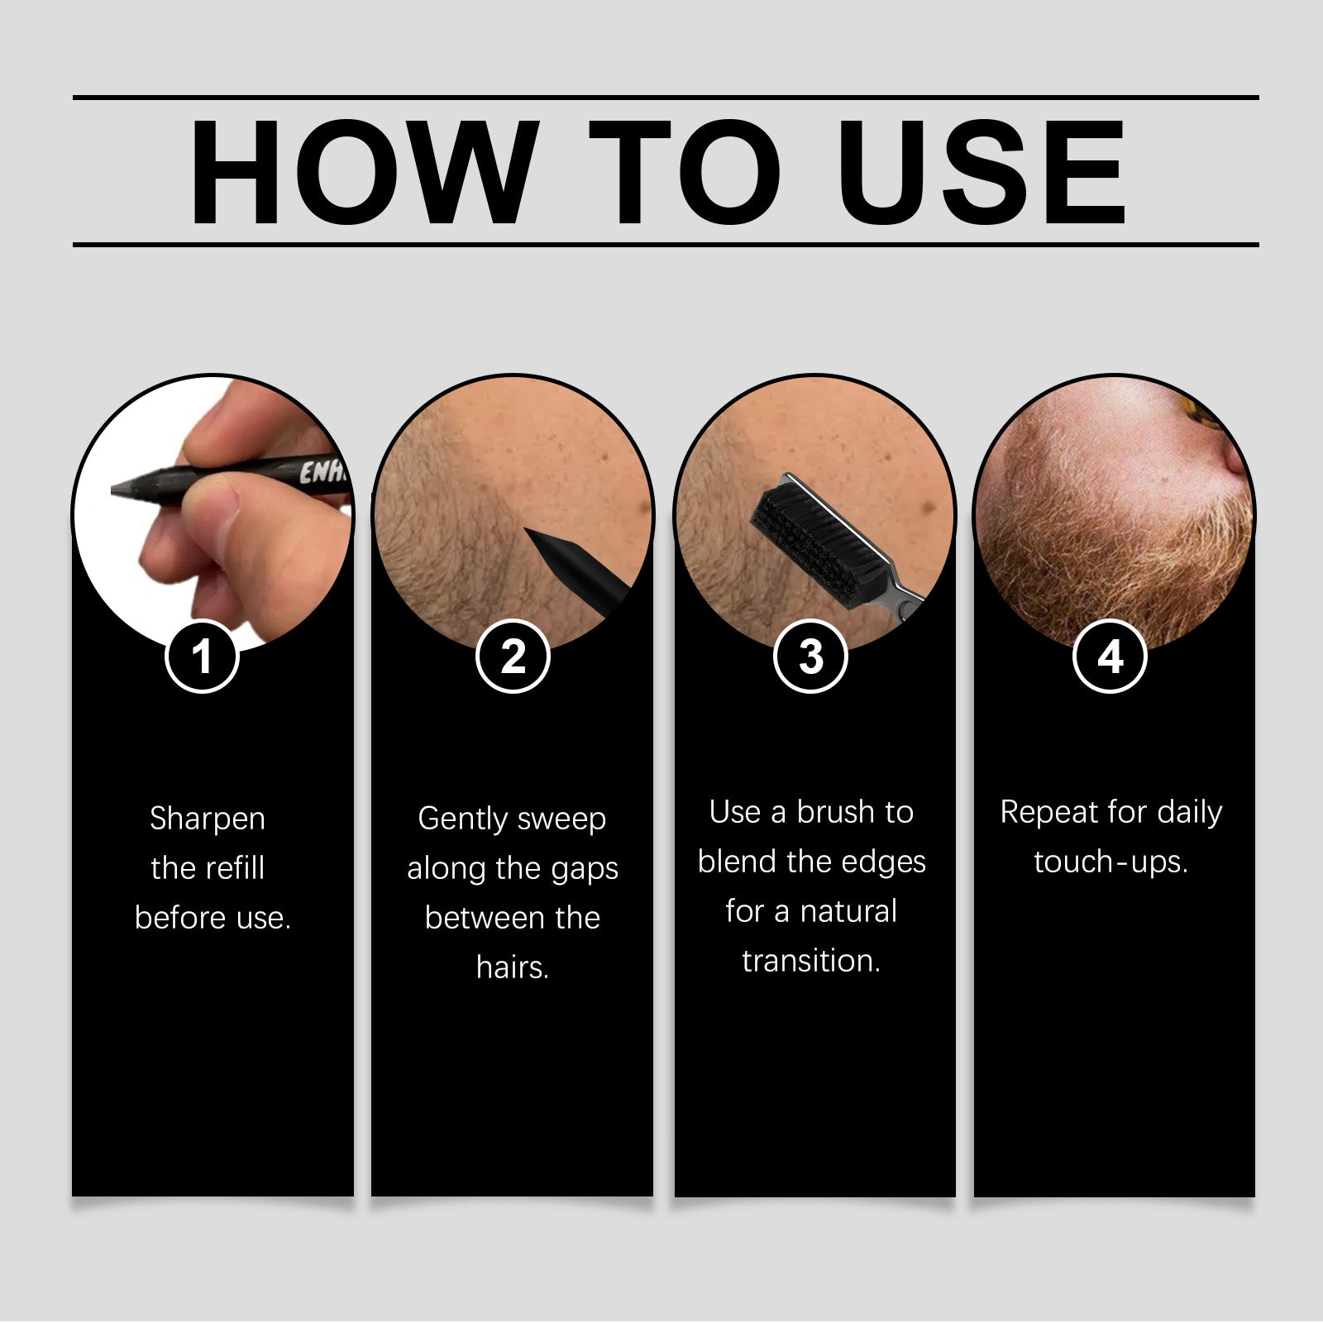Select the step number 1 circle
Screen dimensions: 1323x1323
[202, 657]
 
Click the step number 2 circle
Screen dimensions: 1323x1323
[513, 657]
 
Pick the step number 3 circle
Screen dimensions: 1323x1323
[811, 657]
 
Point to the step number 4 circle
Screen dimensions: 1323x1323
[1110, 657]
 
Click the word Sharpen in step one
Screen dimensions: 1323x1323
[208, 819]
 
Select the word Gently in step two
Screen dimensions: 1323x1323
[462, 819]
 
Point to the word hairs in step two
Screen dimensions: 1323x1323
[513, 967]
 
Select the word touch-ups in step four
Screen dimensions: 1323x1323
[1110, 862]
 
